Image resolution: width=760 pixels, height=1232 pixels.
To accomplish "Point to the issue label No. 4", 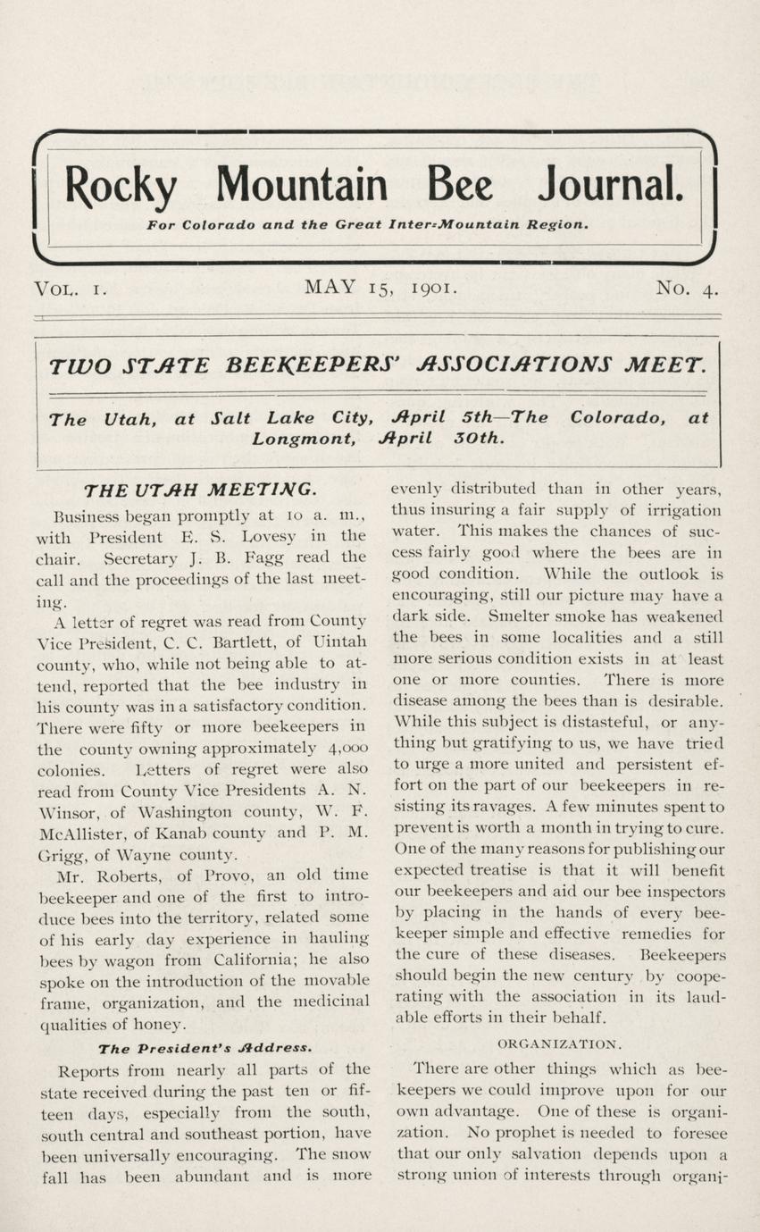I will (687, 288).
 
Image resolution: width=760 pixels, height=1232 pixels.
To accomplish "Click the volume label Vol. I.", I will (70, 289).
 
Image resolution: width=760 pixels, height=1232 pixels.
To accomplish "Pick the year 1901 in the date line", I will (435, 288).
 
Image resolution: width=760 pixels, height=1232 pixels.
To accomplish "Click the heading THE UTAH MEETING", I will (198, 490).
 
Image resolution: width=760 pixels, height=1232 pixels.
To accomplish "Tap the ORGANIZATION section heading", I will (557, 1043).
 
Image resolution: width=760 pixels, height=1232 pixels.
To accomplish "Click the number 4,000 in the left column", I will (346, 748).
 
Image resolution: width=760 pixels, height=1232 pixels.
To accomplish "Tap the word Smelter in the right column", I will (519, 616).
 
